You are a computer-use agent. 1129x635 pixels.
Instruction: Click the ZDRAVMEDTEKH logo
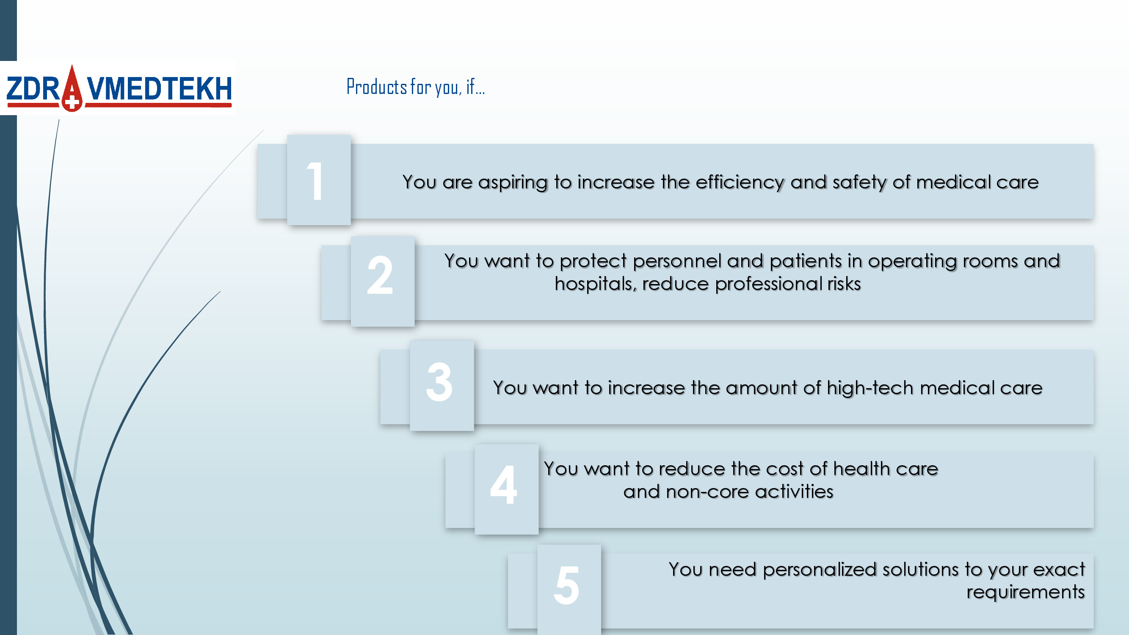tap(119, 88)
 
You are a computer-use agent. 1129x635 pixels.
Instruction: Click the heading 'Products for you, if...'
tap(415, 87)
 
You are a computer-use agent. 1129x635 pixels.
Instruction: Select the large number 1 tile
tap(319, 179)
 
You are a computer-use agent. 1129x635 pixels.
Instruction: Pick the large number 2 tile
tap(383, 281)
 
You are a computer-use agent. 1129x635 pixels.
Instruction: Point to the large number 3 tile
tap(442, 385)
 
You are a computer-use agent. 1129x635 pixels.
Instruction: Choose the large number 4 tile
tap(507, 489)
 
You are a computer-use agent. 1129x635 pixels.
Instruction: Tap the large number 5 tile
tap(569, 590)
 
